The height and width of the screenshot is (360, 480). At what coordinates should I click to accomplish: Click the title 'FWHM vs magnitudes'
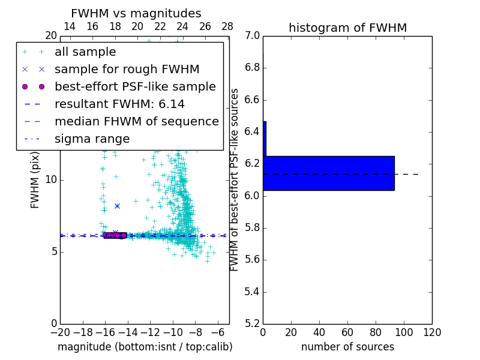(136, 14)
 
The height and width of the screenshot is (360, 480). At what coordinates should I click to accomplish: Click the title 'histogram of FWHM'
(347, 28)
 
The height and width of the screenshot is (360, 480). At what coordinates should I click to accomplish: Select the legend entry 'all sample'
(85, 52)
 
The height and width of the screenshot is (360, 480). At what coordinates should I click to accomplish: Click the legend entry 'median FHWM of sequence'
(136, 121)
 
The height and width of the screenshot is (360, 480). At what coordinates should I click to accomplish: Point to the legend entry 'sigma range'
(92, 139)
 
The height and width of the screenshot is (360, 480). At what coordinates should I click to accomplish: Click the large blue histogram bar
(329, 173)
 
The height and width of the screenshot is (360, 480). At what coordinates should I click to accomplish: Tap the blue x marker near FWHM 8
(117, 206)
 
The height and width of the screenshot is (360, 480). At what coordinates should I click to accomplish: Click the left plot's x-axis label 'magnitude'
(145, 347)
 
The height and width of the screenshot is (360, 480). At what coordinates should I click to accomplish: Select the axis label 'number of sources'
(347, 347)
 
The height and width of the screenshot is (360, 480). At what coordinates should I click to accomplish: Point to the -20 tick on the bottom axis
(60, 332)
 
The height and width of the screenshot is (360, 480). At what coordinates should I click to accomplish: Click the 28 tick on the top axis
(227, 26)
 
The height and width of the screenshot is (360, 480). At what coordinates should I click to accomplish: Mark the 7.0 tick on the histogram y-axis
(252, 36)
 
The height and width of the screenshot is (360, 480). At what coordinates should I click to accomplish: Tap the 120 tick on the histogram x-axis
(432, 332)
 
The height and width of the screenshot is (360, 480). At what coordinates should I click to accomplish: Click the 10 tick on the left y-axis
(51, 180)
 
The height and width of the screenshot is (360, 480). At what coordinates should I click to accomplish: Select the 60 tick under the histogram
(347, 332)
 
